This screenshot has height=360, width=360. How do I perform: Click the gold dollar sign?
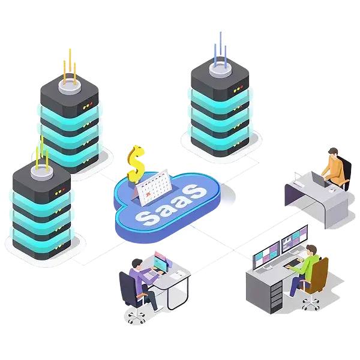coord(136,164)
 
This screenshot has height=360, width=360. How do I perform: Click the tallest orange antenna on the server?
coord(70,62)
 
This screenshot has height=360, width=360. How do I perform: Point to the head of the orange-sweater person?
coord(333,152)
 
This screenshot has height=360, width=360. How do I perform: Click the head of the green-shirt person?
coord(311,250)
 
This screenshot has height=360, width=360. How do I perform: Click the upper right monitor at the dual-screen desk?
coord(295,239)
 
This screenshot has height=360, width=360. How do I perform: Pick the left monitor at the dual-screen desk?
coord(266,254)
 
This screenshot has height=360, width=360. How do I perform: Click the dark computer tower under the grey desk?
coord(276,298)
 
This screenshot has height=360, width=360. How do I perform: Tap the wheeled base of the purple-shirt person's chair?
coord(137,316)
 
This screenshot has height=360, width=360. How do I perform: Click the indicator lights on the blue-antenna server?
coord(238,89)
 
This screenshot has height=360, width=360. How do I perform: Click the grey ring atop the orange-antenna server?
coord(70,86)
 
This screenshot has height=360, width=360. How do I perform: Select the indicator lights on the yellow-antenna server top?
coord(59,191)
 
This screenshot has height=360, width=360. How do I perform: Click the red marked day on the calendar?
coord(148,194)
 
